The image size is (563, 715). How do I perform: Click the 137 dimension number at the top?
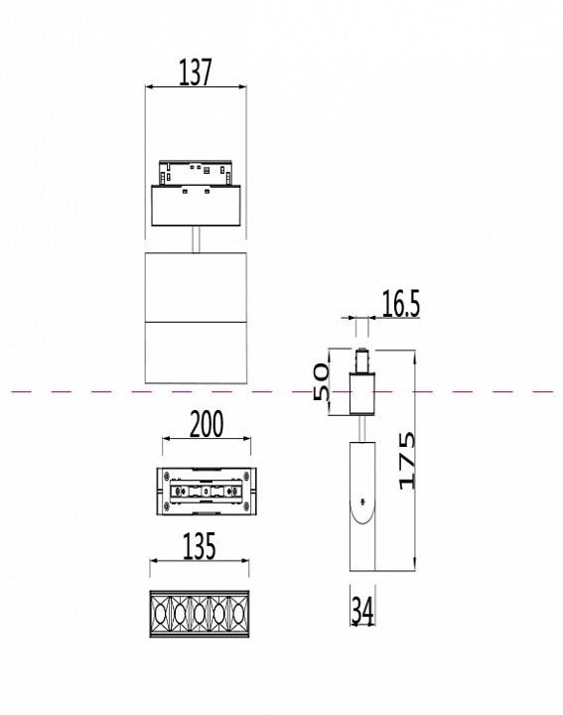point(197,72)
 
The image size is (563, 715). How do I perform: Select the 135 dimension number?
point(199,547)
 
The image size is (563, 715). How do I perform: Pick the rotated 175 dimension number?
point(406,460)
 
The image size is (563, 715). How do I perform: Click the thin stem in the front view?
point(196,239)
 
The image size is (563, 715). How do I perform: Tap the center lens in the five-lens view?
point(199,614)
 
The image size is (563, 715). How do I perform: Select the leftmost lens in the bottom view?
point(161,614)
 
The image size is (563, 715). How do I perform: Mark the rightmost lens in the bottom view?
point(236,614)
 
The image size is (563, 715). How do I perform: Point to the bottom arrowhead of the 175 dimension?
point(410,567)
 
